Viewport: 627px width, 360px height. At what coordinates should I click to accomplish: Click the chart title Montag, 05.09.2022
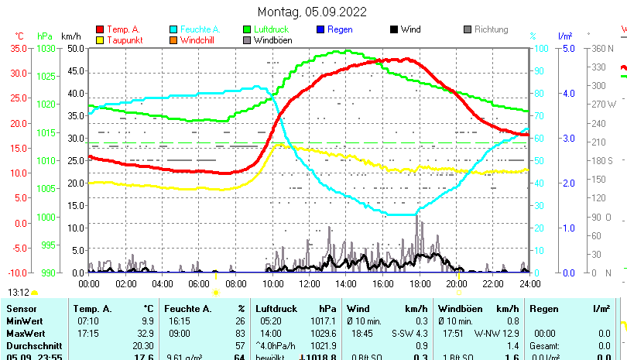point(312,12)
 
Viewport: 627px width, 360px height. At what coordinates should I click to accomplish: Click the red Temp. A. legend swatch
point(100,29)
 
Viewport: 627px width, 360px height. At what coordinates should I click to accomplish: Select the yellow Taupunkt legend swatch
point(100,40)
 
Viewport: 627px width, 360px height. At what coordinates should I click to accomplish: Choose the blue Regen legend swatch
point(321,29)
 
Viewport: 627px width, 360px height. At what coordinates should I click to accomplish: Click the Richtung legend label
point(491,29)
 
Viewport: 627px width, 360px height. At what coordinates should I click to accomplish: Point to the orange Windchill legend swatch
point(174,40)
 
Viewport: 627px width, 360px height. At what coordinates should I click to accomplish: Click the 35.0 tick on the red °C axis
point(19,48)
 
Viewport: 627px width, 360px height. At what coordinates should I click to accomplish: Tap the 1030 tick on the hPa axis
point(46,48)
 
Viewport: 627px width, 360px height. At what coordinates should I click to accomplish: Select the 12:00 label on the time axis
point(310,283)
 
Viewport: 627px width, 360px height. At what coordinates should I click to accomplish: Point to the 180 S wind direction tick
point(602,161)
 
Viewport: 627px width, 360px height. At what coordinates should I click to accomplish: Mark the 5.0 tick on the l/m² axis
point(566,48)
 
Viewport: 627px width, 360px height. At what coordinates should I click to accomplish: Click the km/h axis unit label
point(70,36)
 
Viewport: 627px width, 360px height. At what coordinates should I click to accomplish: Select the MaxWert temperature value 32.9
point(144,332)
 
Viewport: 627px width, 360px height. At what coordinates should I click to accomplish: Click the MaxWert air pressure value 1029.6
point(323,332)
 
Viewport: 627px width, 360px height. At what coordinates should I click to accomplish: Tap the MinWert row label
point(24,321)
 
